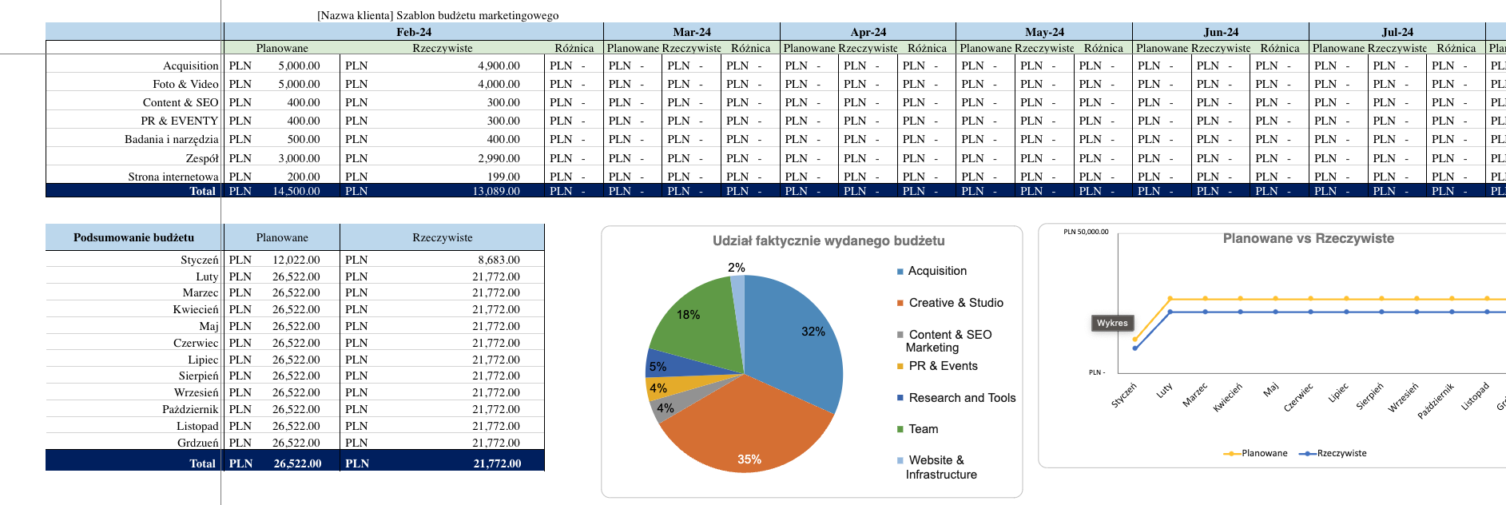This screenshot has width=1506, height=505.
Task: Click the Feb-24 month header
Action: pos(413,32)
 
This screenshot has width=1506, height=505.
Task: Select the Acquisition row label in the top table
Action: pos(190,66)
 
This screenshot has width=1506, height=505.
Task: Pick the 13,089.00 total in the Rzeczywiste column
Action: pos(495,191)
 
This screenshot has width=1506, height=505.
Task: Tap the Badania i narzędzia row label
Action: pos(171,139)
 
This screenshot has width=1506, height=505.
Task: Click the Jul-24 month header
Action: pos(1397,32)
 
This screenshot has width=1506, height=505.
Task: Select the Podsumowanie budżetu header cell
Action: pos(133,237)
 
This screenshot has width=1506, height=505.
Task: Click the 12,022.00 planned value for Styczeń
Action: pos(296,260)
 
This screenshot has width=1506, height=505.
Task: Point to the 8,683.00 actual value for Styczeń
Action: pos(499,260)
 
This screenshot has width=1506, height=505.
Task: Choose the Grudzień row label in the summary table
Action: pos(197,443)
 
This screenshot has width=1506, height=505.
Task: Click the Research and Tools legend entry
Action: pos(962,398)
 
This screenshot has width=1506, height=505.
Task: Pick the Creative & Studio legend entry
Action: pos(956,303)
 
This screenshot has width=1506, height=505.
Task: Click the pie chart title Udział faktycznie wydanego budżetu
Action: pos(828,241)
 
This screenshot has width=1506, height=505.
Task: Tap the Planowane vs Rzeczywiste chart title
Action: pos(1308,238)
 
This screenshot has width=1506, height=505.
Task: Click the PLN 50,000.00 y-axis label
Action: pos(1086,232)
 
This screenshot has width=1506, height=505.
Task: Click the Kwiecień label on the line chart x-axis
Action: pos(1228,397)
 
